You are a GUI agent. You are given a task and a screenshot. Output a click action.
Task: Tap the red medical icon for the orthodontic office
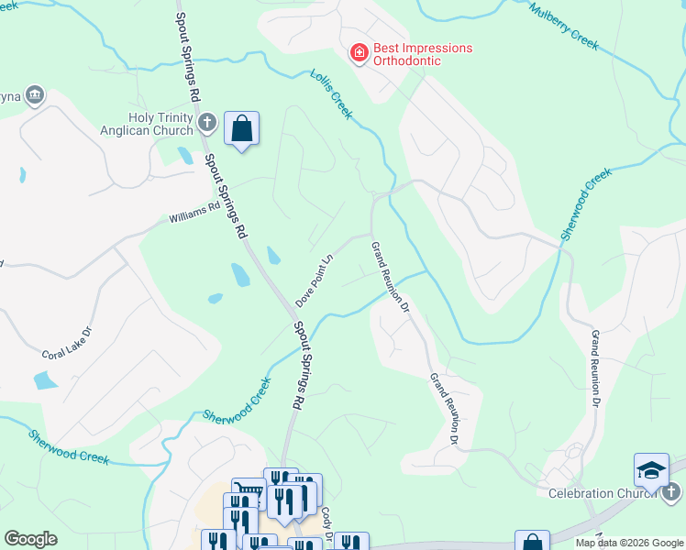tap(360, 54)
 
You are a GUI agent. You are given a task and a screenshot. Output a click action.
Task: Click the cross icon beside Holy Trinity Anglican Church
tap(208, 122)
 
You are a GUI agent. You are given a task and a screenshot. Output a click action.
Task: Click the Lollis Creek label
tap(331, 93)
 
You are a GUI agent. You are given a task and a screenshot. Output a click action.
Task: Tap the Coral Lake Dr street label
tap(68, 341)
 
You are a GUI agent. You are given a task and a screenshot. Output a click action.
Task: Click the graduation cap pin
tap(651, 471)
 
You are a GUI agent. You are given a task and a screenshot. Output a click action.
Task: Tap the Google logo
tap(30, 539)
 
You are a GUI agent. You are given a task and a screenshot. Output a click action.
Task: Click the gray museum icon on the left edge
tap(35, 95)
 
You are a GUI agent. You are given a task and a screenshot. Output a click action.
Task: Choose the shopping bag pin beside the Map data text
tap(532, 541)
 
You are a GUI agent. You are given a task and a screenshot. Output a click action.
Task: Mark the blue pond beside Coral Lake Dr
tap(44, 379)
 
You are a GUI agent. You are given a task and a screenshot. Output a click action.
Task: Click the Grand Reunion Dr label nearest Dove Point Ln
tap(391, 276)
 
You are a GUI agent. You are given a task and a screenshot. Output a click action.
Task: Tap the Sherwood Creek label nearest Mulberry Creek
tap(585, 203)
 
